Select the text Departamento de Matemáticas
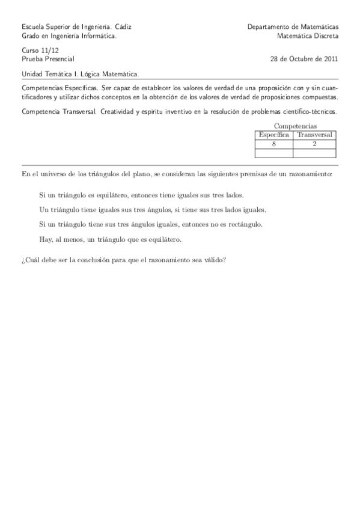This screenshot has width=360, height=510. pos(293,27)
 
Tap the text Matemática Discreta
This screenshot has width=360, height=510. pos(308,36)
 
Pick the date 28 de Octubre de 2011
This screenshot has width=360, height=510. pos(305,60)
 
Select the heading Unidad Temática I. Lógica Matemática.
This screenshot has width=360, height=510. pos(80,75)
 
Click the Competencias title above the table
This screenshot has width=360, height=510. pos(295,126)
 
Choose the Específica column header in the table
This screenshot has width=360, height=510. pos(273,135)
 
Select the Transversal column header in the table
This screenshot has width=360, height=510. pos(314,135)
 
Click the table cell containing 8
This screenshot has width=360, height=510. pos(273,144)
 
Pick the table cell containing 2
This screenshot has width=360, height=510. pos(314,144)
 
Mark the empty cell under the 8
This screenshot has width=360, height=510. pos(273,153)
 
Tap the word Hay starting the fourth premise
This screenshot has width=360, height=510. pos(44,239)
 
